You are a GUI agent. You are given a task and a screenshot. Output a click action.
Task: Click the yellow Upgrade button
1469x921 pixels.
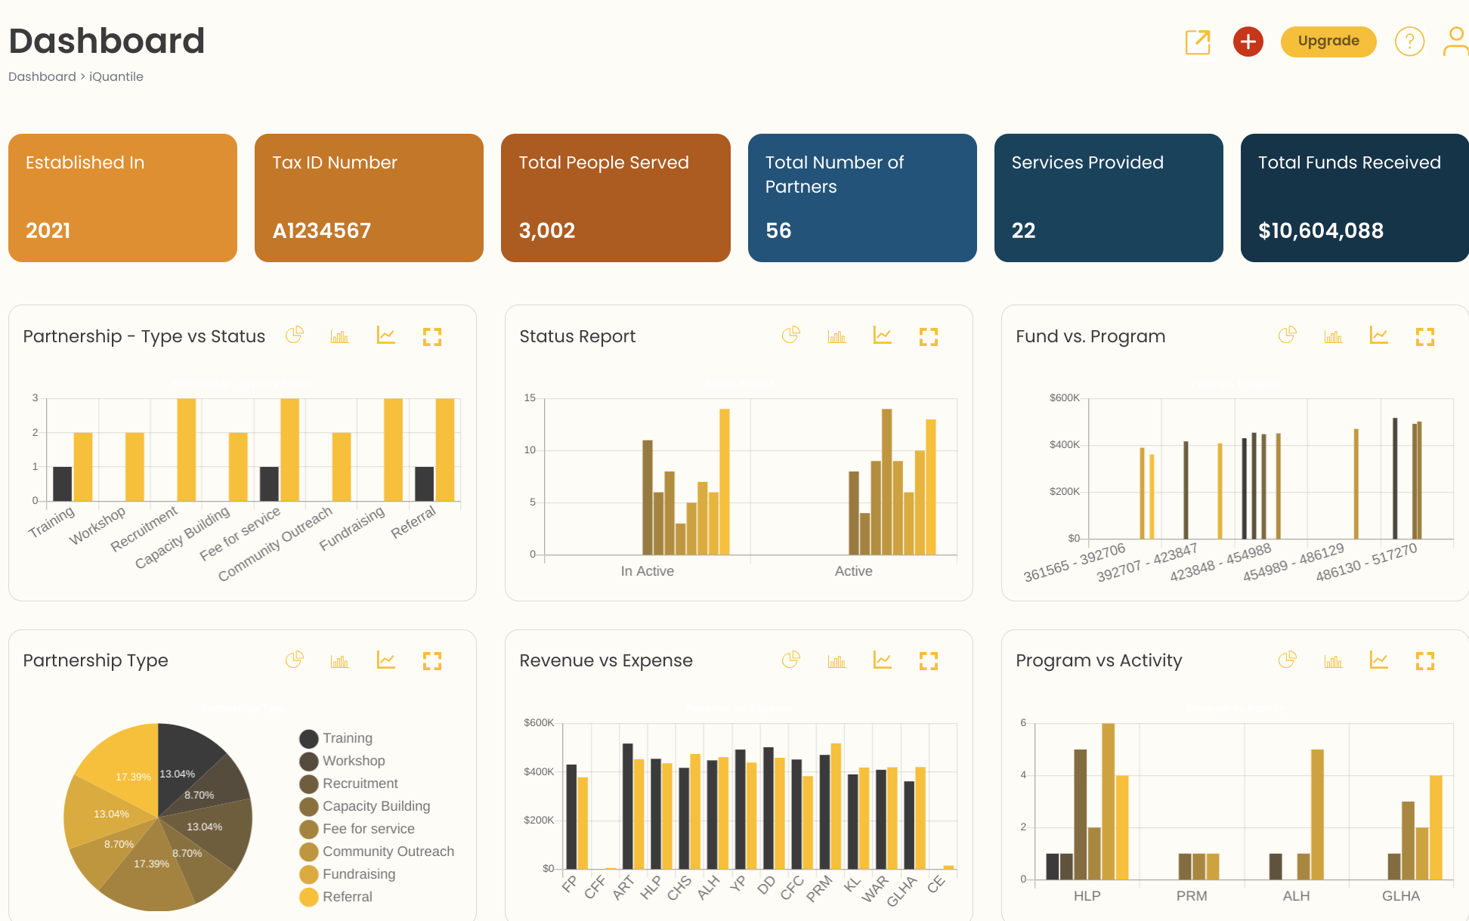(1328, 42)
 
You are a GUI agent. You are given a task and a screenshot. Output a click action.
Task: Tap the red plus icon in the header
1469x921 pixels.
(1248, 42)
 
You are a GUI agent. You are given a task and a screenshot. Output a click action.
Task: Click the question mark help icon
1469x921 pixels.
(1409, 42)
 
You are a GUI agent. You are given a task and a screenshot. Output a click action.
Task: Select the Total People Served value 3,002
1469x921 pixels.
(547, 230)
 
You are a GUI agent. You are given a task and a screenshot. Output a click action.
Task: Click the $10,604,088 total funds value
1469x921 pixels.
(1320, 230)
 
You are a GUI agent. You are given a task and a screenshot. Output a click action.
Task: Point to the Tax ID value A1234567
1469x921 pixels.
(321, 230)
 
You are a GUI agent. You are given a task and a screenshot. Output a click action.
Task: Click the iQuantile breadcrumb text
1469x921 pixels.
(116, 76)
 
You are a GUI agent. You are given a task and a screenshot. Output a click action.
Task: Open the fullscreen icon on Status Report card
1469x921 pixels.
(928, 337)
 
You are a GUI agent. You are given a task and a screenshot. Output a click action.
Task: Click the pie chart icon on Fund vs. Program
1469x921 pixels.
(1287, 335)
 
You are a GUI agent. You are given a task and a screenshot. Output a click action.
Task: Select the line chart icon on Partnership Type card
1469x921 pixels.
(386, 660)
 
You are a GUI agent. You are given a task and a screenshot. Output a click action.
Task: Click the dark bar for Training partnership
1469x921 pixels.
(63, 484)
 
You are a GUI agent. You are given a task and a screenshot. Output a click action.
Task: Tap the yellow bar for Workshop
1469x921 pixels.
(135, 466)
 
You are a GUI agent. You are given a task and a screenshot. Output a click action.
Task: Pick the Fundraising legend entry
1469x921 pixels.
(358, 874)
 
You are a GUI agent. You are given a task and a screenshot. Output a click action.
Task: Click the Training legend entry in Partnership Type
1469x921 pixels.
(347, 738)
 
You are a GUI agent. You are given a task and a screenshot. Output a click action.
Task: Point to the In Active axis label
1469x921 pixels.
(647, 571)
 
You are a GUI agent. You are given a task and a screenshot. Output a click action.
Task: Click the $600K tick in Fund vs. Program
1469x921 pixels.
(1064, 398)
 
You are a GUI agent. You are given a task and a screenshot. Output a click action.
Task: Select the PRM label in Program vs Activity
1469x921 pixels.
(1191, 896)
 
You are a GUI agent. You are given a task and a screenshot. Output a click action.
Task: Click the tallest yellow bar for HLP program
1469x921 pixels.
(1108, 801)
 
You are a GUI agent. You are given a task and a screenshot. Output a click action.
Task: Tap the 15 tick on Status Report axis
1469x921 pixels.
(530, 398)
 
